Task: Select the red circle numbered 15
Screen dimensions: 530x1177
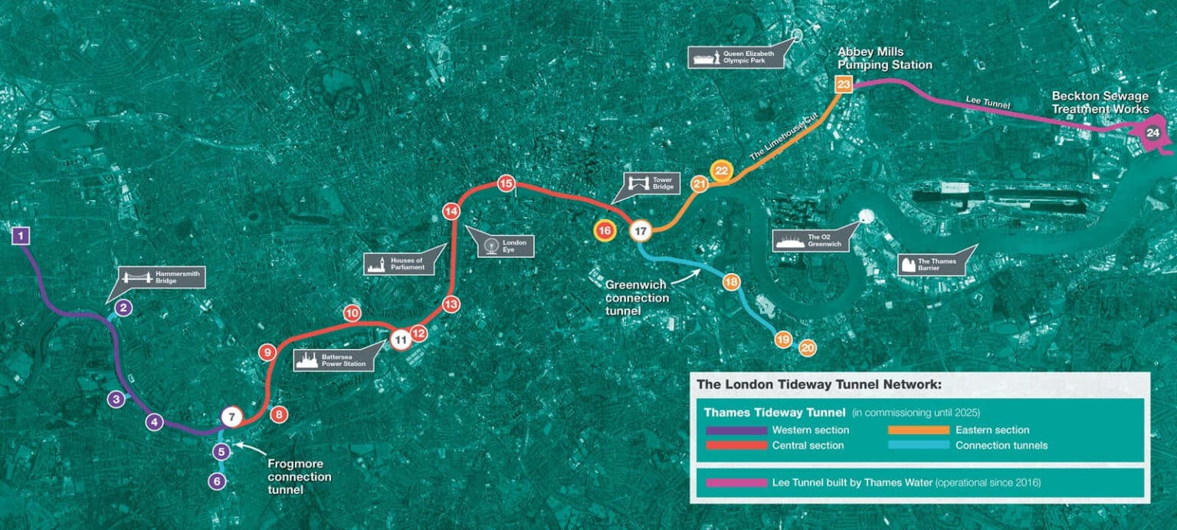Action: point(506,183)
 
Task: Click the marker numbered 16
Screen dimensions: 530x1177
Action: point(605,230)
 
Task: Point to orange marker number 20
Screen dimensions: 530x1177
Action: point(807,347)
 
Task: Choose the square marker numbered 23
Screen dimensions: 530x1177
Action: point(844,84)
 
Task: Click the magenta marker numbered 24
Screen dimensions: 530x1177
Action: point(1152,133)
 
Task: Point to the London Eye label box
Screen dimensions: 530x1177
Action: point(505,245)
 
